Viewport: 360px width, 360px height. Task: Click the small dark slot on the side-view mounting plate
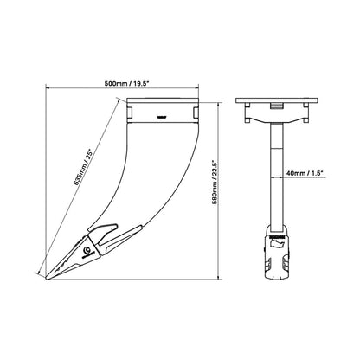[161, 114]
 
